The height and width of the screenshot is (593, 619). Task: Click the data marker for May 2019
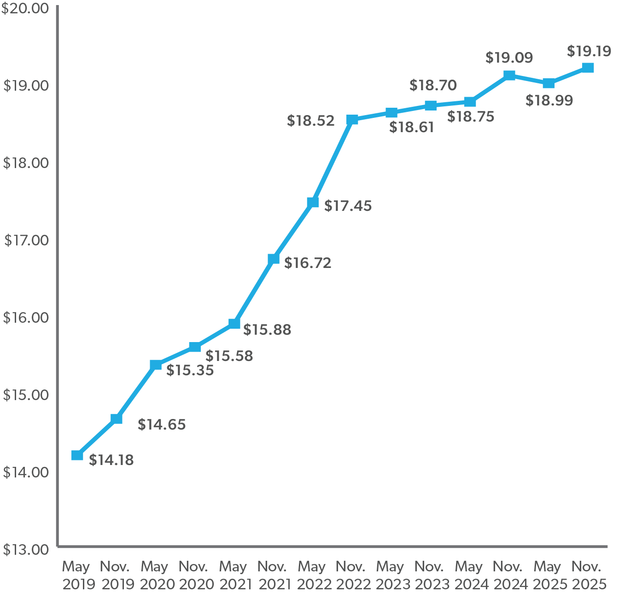tap(77, 455)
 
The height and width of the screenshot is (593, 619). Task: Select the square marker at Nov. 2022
tap(352, 120)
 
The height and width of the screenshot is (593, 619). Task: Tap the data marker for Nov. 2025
tap(588, 68)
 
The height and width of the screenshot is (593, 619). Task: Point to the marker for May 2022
tap(313, 203)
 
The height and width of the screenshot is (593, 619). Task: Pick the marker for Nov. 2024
tap(509, 76)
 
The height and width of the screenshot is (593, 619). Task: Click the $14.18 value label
tap(111, 460)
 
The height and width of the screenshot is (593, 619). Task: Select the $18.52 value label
tap(310, 121)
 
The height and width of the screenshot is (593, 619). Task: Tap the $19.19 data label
tap(589, 51)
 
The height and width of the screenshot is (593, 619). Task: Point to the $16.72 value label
tap(307, 263)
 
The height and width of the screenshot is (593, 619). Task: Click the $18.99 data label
tap(549, 100)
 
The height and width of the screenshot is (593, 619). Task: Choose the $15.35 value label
tap(190, 370)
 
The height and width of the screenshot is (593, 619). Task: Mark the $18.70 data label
tap(433, 85)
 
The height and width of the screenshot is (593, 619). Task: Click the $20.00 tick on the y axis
tap(25, 8)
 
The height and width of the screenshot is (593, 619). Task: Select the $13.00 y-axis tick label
tap(26, 549)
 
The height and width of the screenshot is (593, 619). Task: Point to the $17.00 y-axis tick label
tap(26, 240)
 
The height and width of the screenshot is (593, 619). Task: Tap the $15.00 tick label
tap(26, 395)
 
